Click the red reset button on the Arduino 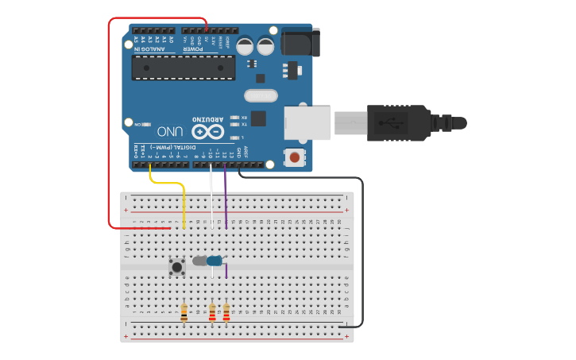pyautogui.click(x=295, y=157)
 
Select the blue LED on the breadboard pyautogui.click(x=214, y=261)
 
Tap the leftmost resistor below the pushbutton pyautogui.click(x=184, y=312)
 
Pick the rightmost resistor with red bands pyautogui.click(x=226, y=312)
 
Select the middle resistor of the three pyautogui.click(x=212, y=312)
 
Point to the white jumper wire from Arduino pyautogui.click(x=211, y=199)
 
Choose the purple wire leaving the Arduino pyautogui.click(x=225, y=199)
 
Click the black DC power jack pyautogui.click(x=301, y=42)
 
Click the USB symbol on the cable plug pyautogui.click(x=390, y=122)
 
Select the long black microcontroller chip pyautogui.click(x=184, y=68)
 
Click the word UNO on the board pyautogui.click(x=171, y=131)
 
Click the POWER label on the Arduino pyautogui.click(x=193, y=49)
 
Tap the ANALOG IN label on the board pyautogui.click(x=149, y=49)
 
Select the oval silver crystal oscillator pyautogui.click(x=260, y=96)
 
